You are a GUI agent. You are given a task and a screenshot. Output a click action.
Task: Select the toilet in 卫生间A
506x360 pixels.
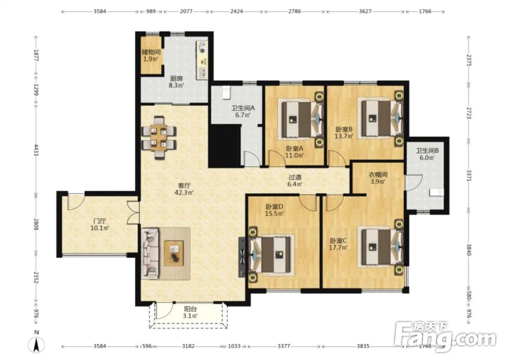[226, 92]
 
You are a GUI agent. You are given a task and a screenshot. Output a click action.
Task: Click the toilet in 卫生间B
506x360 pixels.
[437, 192]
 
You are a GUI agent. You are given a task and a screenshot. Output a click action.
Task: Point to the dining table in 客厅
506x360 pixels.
[159, 137]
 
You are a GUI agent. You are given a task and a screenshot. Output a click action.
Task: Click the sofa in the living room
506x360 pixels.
[150, 253]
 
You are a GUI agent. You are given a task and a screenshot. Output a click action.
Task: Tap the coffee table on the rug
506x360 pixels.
[173, 253]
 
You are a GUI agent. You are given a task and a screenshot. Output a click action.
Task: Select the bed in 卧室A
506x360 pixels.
[302, 119]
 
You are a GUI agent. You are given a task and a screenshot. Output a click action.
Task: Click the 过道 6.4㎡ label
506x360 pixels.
[295, 181]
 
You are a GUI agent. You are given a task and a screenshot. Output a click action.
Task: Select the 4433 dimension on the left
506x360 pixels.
[37, 150]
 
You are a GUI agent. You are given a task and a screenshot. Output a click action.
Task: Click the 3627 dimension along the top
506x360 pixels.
[365, 11]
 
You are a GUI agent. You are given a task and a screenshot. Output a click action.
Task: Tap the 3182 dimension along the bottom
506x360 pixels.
[189, 346]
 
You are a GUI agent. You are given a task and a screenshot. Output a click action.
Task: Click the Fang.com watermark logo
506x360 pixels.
[446, 337]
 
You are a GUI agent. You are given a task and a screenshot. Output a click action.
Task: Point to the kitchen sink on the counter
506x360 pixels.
[203, 73]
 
